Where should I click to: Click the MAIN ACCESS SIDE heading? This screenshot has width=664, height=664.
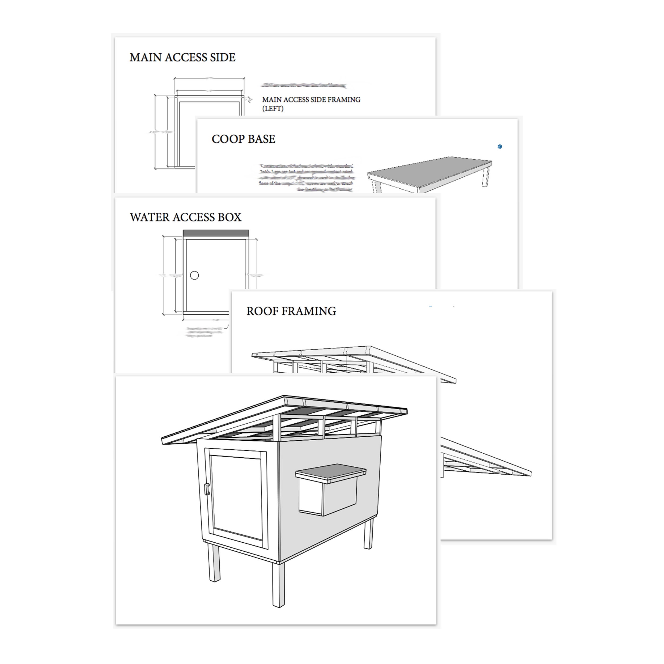[x=182, y=57]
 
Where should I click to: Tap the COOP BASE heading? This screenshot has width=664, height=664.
[x=243, y=139]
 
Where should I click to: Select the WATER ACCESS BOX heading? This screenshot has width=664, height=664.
[x=186, y=217]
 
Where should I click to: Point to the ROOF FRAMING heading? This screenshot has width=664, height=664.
[x=291, y=311]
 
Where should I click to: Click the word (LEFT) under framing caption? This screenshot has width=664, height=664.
[x=273, y=109]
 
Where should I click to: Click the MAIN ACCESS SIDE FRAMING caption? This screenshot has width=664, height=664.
[x=311, y=100]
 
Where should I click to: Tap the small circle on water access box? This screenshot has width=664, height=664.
[x=194, y=275]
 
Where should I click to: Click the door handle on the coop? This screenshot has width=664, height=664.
[x=207, y=489]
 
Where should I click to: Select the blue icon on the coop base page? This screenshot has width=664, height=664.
[x=500, y=147]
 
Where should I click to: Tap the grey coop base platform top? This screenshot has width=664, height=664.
[x=429, y=172]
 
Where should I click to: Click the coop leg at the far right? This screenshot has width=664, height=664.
[x=368, y=533]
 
